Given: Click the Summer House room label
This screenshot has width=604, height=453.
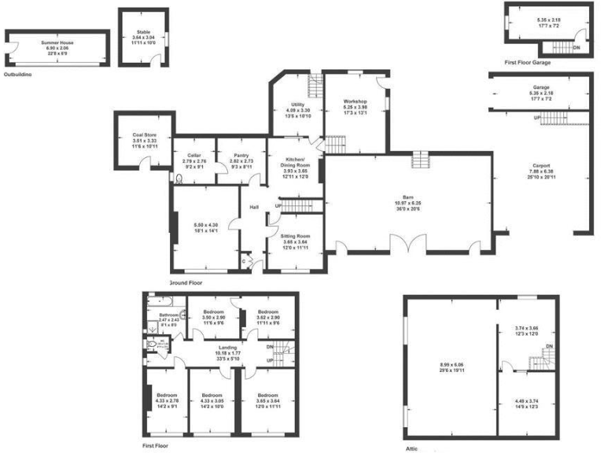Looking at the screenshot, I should pos(57,43).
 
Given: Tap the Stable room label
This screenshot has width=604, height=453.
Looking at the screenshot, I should pos(142,32).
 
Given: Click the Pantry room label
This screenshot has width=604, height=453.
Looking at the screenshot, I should pos(240,156).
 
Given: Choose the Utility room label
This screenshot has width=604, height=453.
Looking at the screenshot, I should pos(297,104).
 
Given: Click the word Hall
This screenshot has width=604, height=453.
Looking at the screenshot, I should pos(254,208).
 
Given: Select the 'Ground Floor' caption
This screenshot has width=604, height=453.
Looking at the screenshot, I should pos(186,282).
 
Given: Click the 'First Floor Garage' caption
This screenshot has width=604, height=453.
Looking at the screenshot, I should pos(528,61).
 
